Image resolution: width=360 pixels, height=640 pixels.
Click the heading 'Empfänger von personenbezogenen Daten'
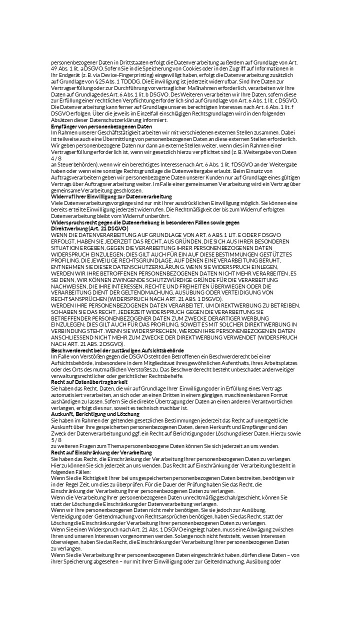[x=101, y=127]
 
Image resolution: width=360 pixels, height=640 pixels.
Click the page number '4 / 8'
[x=56, y=158]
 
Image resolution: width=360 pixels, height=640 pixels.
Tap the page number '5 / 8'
[x=56, y=440]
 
